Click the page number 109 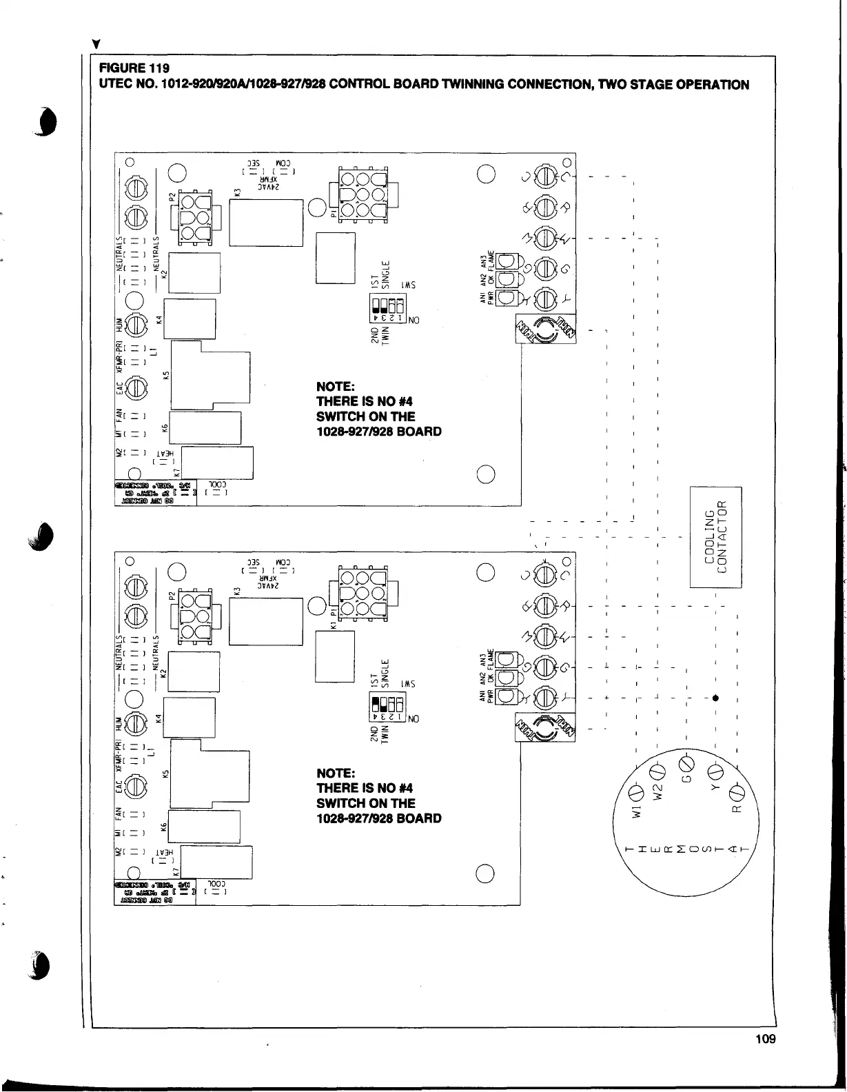pos(765,1039)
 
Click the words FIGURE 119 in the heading pos(134,68)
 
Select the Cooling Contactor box pos(715,537)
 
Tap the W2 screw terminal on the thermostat pos(657,771)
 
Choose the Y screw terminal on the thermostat pos(715,771)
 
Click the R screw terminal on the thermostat pos(735,790)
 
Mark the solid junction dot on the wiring pos(717,697)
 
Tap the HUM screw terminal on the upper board pos(136,324)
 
